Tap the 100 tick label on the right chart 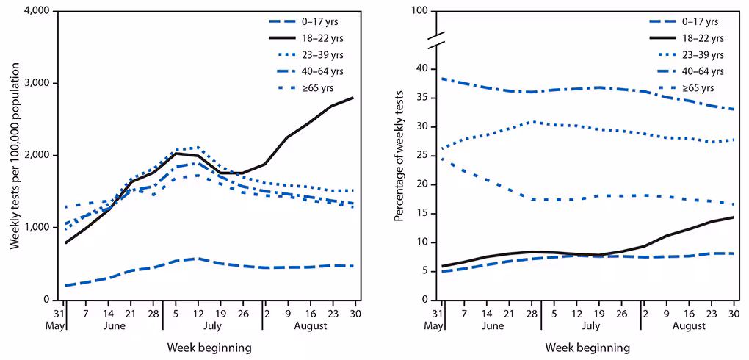[419, 12]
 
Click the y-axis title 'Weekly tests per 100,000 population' [14, 156]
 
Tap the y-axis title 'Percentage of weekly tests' [400, 156]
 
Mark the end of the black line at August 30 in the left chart [356, 98]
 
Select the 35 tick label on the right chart [421, 98]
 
